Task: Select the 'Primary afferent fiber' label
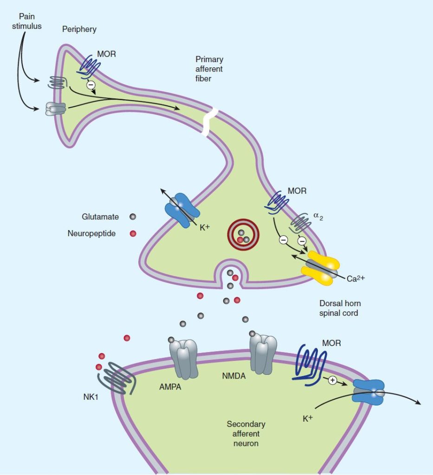[x=209, y=68]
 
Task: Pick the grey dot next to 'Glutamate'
[x=133, y=217]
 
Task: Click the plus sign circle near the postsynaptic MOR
[x=332, y=380]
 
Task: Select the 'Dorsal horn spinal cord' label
[x=340, y=308]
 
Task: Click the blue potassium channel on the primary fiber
[x=182, y=208]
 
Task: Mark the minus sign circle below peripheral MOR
[x=91, y=85]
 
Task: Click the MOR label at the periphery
[x=106, y=53]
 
